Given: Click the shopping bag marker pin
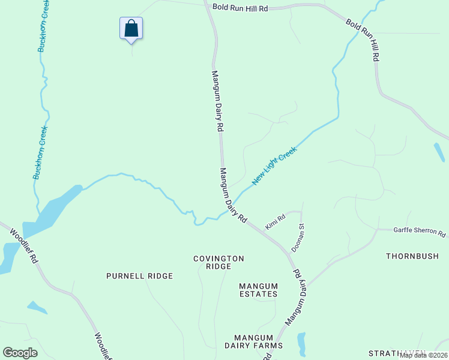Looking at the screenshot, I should pyautogui.click(x=131, y=28).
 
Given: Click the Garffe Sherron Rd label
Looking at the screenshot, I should pyautogui.click(x=420, y=233).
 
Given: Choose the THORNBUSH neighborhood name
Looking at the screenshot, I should pyautogui.click(x=412, y=256).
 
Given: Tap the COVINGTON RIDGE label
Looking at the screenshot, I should pyautogui.click(x=218, y=262).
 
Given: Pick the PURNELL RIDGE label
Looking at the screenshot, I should pyautogui.click(x=139, y=276).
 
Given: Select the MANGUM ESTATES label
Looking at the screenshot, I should pyautogui.click(x=258, y=290).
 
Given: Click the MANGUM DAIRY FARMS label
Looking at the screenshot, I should pyautogui.click(x=258, y=341).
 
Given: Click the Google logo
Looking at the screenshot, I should pyautogui.click(x=20, y=353).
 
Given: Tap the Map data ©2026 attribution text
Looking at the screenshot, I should pyautogui.click(x=423, y=355).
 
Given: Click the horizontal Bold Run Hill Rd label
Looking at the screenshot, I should pyautogui.click(x=240, y=8).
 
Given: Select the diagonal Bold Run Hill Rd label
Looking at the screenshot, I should pyautogui.click(x=363, y=40).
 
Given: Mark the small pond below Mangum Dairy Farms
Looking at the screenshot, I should pyautogui.click(x=301, y=343).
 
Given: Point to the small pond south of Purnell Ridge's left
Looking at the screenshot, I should pyautogui.click(x=37, y=308).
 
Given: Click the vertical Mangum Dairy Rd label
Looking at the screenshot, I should pyautogui.click(x=217, y=101).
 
